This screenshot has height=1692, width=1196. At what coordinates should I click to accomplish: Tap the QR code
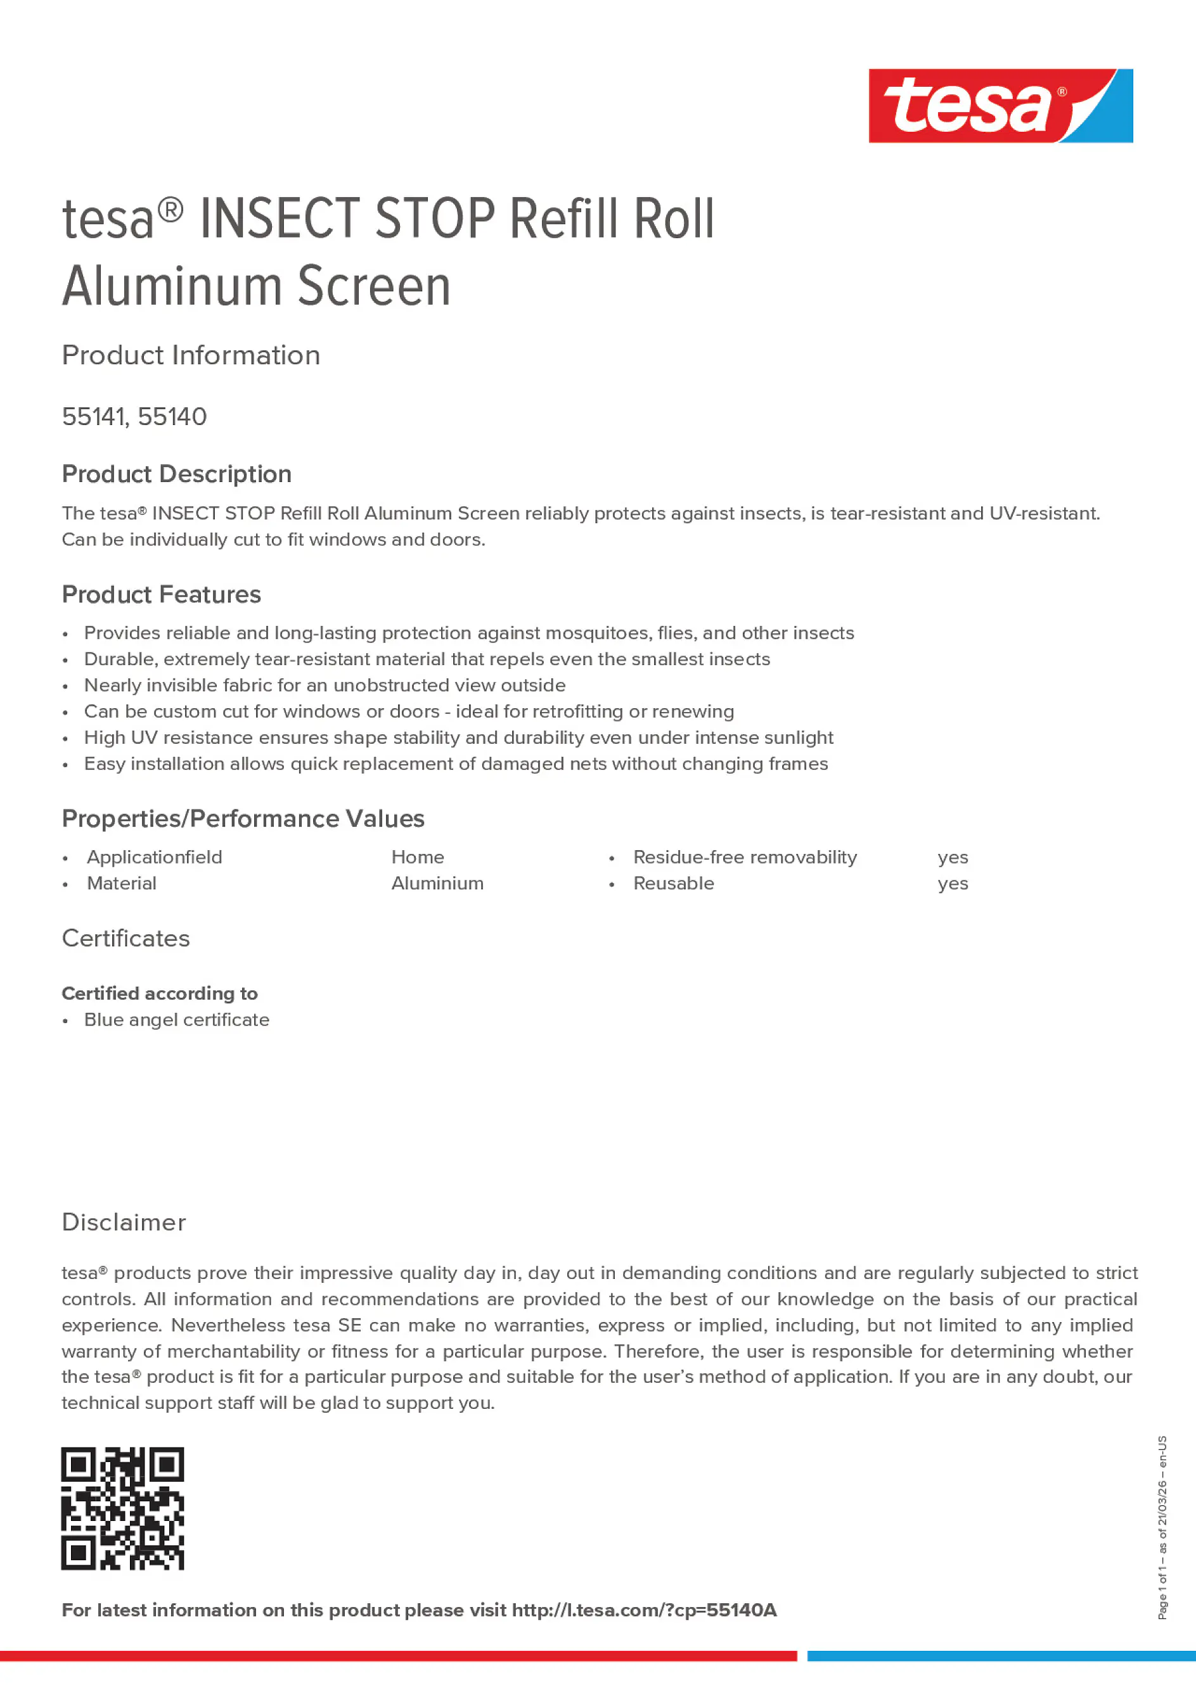click(x=122, y=1508)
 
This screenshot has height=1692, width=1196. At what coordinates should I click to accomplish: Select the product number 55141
click(x=94, y=417)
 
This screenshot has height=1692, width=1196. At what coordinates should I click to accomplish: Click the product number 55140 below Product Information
click(x=172, y=417)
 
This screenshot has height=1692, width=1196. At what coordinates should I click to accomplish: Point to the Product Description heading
click(x=176, y=474)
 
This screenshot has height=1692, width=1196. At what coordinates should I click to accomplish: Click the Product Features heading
click(x=161, y=595)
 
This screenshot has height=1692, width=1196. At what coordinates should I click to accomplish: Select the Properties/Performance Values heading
click(x=243, y=818)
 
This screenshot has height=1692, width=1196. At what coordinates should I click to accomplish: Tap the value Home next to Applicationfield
click(x=417, y=857)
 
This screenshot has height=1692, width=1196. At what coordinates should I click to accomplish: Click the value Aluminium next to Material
click(x=437, y=884)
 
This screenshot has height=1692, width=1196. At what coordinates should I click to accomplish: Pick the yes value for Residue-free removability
click(x=953, y=858)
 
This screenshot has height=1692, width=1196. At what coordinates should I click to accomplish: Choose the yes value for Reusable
click(x=953, y=884)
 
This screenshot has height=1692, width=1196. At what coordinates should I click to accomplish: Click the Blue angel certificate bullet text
click(x=176, y=1020)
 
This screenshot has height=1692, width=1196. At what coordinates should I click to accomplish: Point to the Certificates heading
click(x=125, y=939)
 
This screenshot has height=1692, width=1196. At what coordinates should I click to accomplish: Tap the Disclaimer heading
click(x=124, y=1223)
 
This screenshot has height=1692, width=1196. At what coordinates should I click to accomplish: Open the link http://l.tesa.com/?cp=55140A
click(x=644, y=1610)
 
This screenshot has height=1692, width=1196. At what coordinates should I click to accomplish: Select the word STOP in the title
click(x=435, y=219)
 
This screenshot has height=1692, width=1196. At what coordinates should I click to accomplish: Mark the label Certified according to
click(x=159, y=993)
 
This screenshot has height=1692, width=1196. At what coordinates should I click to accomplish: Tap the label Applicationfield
click(x=154, y=857)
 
